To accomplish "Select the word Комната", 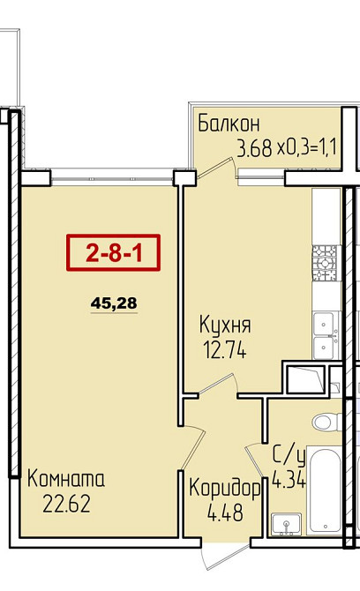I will (x=66, y=481).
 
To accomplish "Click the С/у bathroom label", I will (x=288, y=457).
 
